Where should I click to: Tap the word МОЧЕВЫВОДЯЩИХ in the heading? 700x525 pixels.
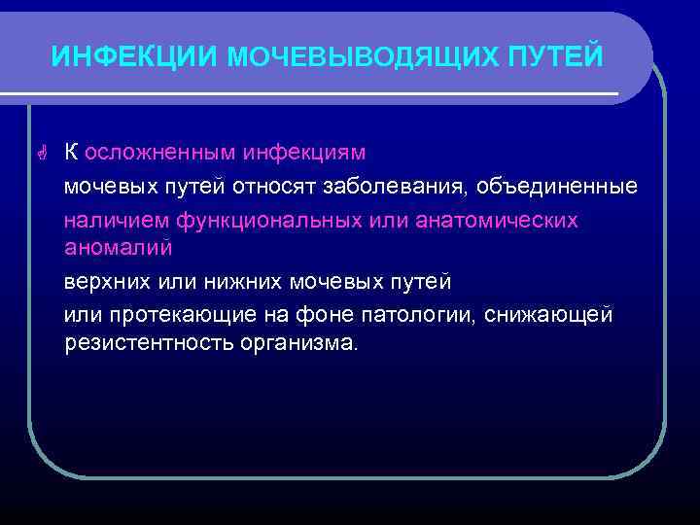click(x=348, y=57)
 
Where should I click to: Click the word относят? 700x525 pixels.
click(x=306, y=186)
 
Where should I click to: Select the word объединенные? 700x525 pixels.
click(x=557, y=186)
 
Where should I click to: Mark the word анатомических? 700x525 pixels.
click(x=496, y=220)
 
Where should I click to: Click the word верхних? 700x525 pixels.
click(x=107, y=281)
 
